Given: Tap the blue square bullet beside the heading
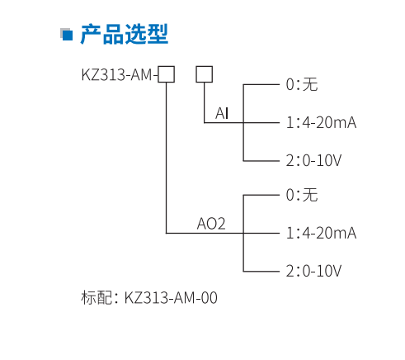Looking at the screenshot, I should point(68,35).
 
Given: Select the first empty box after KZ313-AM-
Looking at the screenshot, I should point(166,75).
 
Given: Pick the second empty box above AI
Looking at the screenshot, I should point(204,75).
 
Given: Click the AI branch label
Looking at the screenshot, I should point(222,113).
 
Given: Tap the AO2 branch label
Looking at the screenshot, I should point(211,223).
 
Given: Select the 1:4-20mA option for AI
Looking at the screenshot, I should point(321,122).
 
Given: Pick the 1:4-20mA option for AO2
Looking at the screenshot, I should point(321,233).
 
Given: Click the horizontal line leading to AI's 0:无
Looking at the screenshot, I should point(261,84).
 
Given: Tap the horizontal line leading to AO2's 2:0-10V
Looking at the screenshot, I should point(261,271).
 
